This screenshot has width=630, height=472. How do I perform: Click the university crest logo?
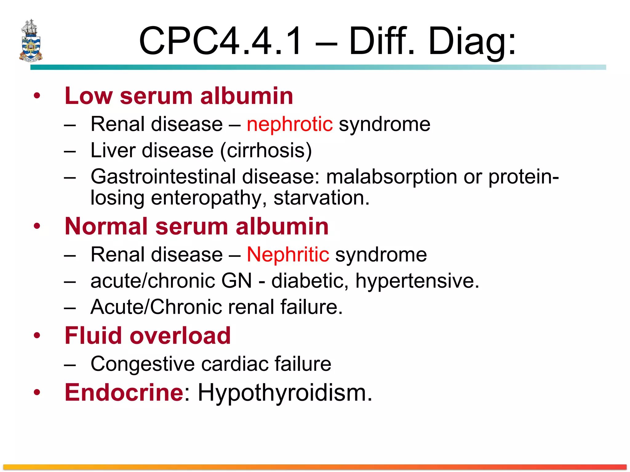(30, 41)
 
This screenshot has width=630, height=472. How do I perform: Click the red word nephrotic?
(289, 124)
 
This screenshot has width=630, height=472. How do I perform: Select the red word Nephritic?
(288, 255)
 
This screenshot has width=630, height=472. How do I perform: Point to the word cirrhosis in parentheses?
(266, 151)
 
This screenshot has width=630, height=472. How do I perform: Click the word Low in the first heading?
(89, 96)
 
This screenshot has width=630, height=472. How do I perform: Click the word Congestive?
(142, 364)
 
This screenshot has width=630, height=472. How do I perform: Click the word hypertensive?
(417, 281)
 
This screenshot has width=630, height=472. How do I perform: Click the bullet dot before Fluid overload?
(37, 336)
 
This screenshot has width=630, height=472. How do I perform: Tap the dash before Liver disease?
(70, 151)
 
